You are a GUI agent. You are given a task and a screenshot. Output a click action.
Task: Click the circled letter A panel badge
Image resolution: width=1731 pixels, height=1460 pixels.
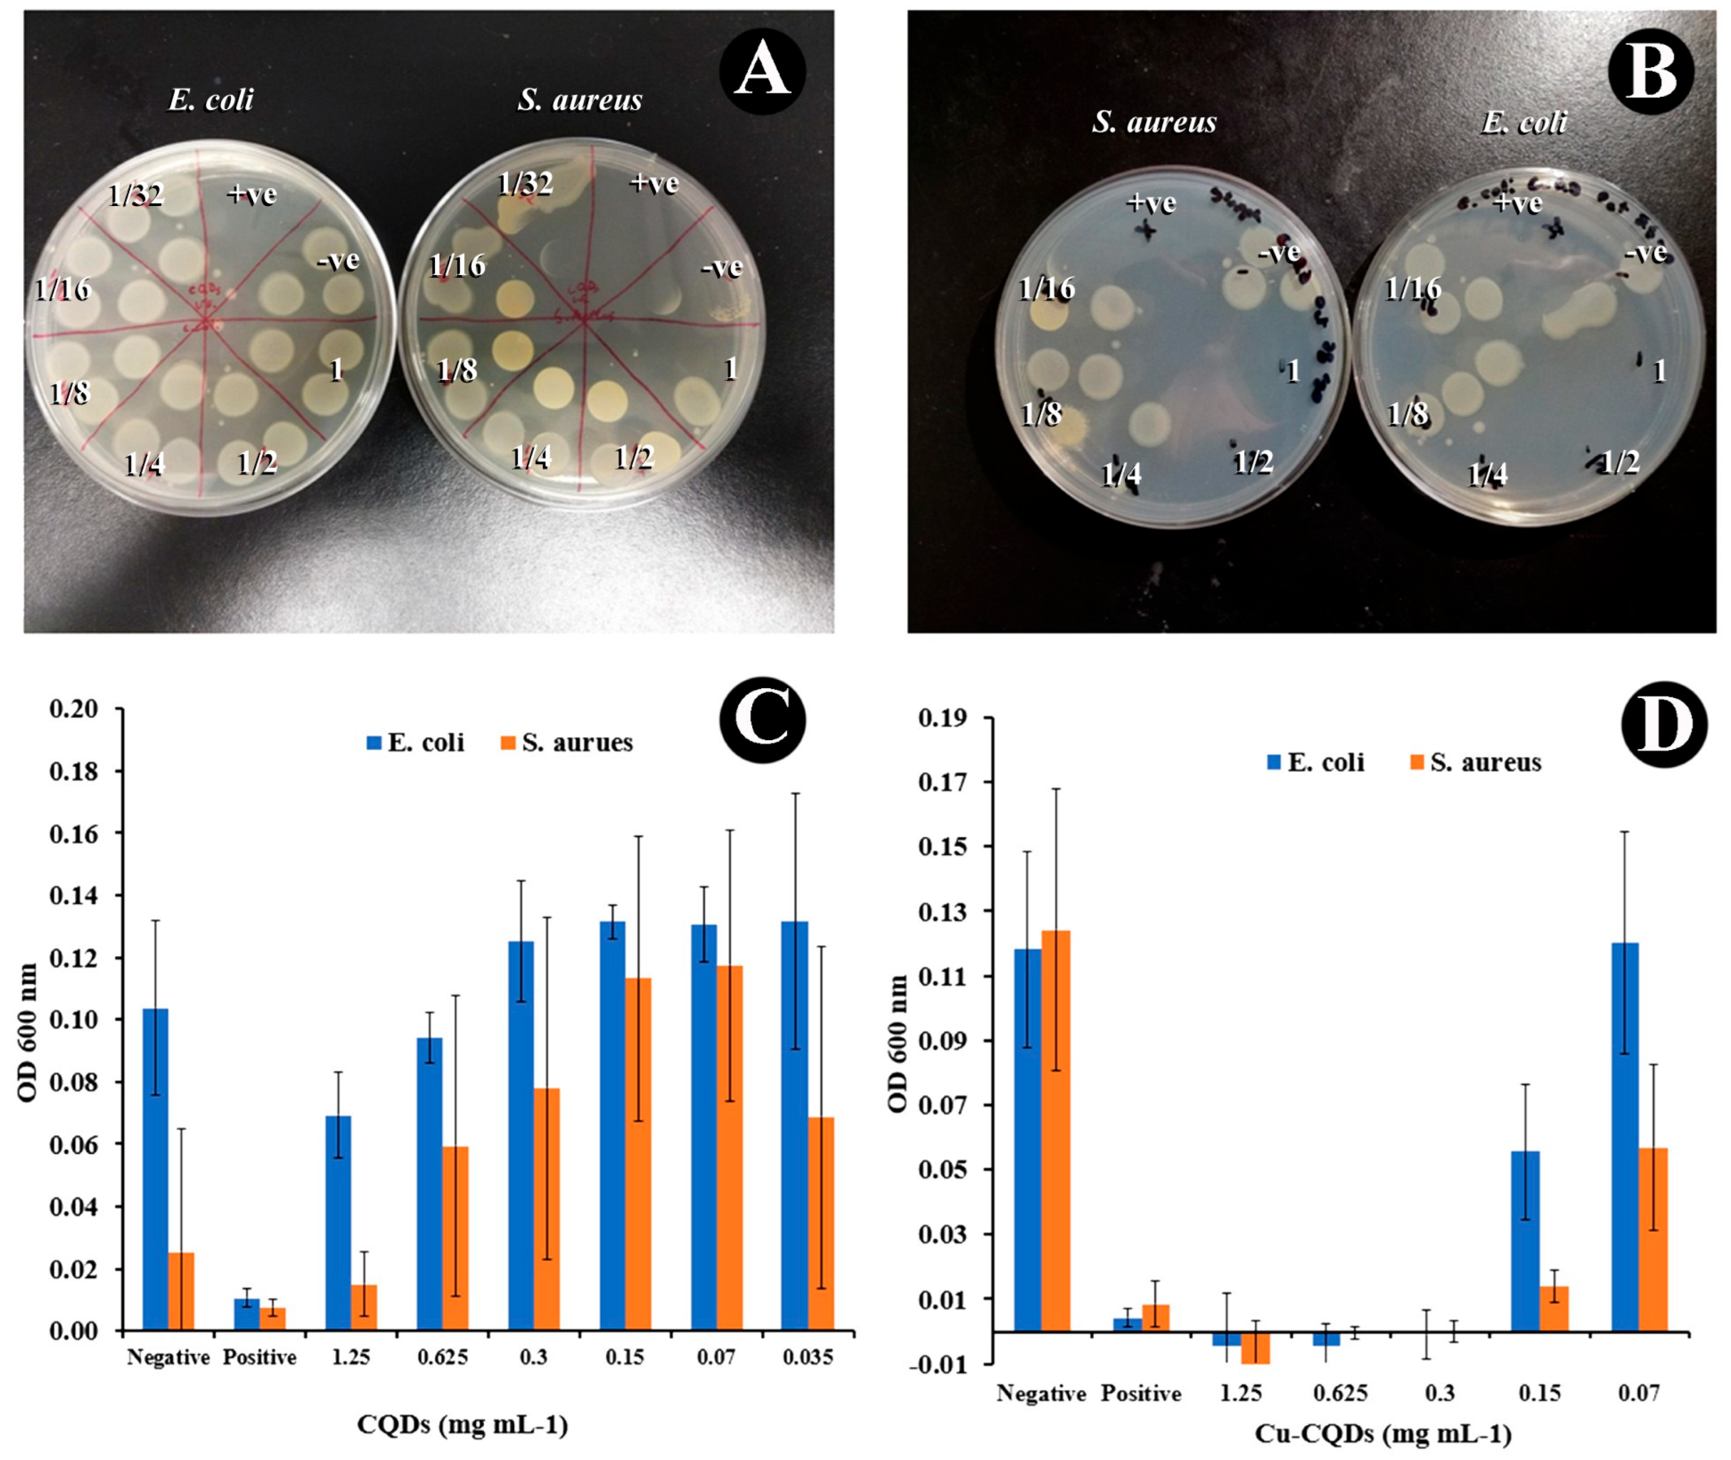762,72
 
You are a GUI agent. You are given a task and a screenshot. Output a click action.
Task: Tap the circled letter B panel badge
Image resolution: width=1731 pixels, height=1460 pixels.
1651,72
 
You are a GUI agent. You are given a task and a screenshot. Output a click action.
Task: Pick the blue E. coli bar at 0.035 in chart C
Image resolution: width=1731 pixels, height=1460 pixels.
794,1126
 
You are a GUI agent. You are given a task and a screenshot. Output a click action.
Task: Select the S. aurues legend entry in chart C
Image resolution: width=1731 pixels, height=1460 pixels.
568,743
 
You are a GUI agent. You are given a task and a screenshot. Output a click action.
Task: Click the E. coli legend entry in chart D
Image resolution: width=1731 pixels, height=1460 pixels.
1316,763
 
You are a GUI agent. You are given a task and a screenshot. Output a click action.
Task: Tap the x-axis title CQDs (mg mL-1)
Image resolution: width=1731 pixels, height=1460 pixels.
463,1425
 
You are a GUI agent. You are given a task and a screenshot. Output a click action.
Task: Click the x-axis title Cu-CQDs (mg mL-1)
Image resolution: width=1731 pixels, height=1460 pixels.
1384,1433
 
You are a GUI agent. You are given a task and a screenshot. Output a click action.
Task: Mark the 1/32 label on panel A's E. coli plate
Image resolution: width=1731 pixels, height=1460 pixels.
136,195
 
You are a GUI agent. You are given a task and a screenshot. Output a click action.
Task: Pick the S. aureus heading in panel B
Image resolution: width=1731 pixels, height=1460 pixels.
1153,122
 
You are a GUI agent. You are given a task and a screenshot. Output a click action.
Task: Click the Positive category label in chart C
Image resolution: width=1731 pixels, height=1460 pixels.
259,1358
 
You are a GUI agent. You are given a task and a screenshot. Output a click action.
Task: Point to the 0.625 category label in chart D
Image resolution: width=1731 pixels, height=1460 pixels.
1341,1394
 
